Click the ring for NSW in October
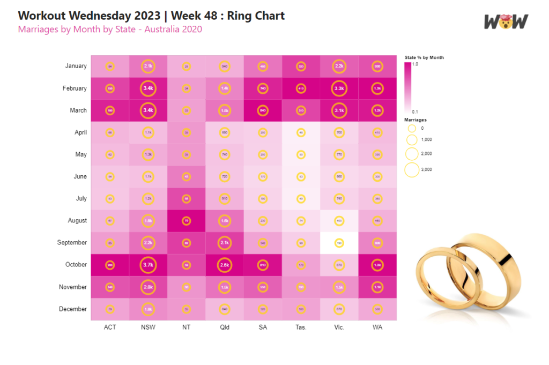148,265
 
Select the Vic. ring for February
339,88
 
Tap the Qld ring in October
225,265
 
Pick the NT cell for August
187,220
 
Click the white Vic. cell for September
339,243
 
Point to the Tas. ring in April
301,132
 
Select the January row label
76,66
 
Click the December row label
73,309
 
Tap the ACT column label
110,327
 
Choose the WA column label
377,327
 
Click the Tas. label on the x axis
301,327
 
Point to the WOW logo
506,21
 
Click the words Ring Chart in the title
256,15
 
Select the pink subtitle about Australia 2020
110,29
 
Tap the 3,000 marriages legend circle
412,170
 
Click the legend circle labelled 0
412,129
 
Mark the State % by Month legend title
424,57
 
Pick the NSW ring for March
148,110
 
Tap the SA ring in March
263,110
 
